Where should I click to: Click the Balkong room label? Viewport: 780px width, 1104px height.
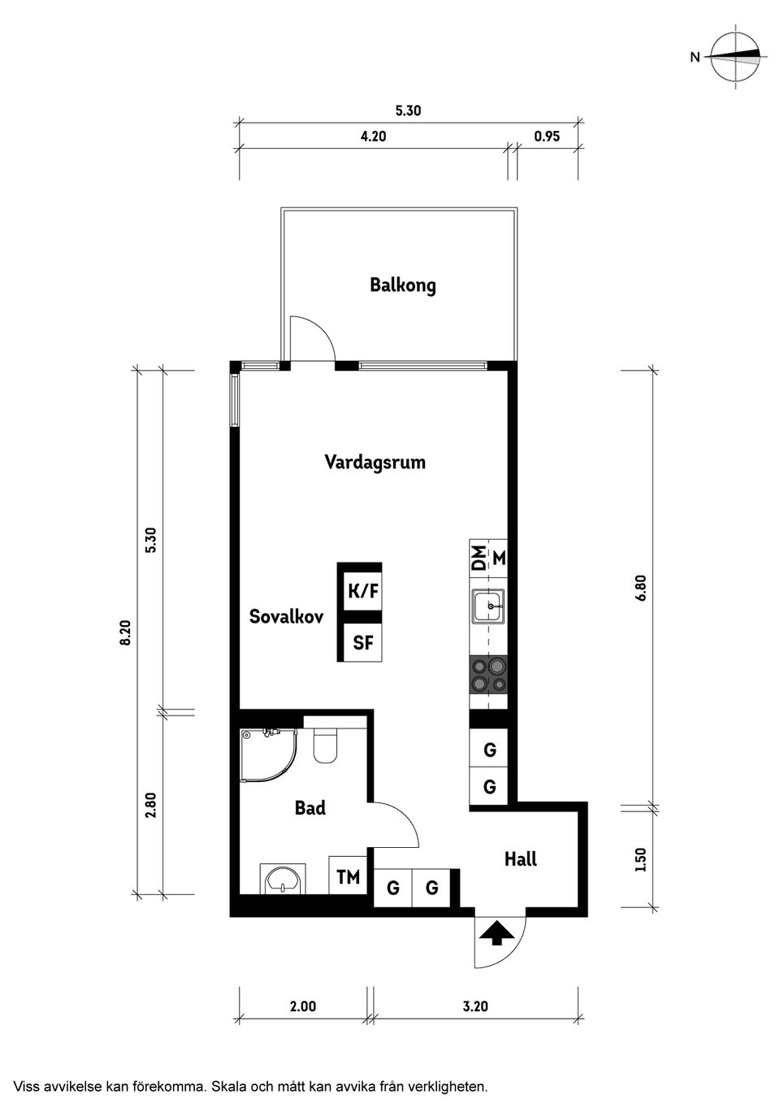point(402,285)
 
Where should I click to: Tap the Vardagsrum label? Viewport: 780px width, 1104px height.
point(375,463)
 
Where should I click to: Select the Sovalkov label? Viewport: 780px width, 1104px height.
point(286,616)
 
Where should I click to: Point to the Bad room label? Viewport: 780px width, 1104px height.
point(310,808)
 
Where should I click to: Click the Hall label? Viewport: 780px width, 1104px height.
point(520,858)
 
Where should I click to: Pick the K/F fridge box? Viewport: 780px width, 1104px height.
point(363,591)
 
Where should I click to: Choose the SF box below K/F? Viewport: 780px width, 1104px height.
point(363,642)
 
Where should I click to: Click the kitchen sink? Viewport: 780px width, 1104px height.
point(487,606)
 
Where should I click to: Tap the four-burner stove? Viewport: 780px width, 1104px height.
point(487,675)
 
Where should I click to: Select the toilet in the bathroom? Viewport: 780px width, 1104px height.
point(326,746)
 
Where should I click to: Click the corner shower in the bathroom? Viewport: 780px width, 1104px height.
point(266,754)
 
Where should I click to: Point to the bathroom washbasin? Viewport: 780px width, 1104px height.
point(281,879)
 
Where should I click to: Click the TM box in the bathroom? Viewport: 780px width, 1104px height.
point(348,877)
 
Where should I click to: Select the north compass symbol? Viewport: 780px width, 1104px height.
point(736,56)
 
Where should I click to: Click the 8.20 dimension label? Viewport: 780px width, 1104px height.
point(125,632)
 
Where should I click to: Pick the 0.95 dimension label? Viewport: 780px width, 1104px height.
point(547,137)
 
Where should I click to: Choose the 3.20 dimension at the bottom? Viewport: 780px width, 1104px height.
point(475,1006)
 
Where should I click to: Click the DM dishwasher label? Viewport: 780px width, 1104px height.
point(479,558)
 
